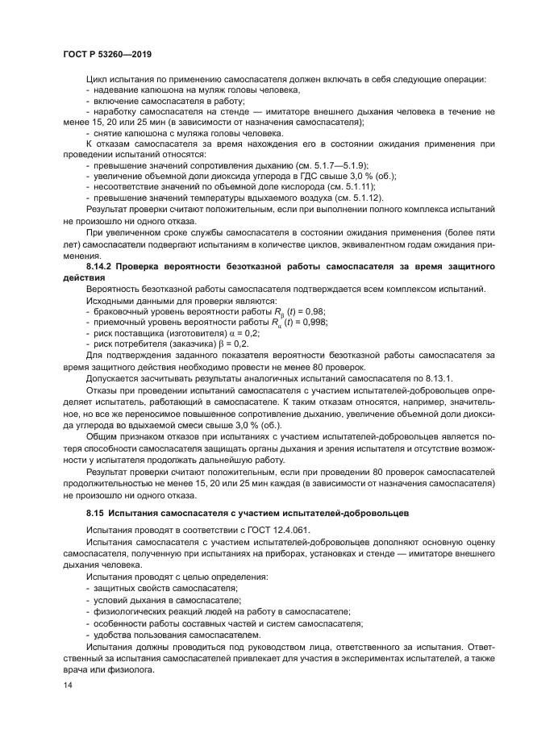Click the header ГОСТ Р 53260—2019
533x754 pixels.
108,54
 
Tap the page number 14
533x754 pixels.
67,685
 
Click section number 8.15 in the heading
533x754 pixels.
97,512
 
